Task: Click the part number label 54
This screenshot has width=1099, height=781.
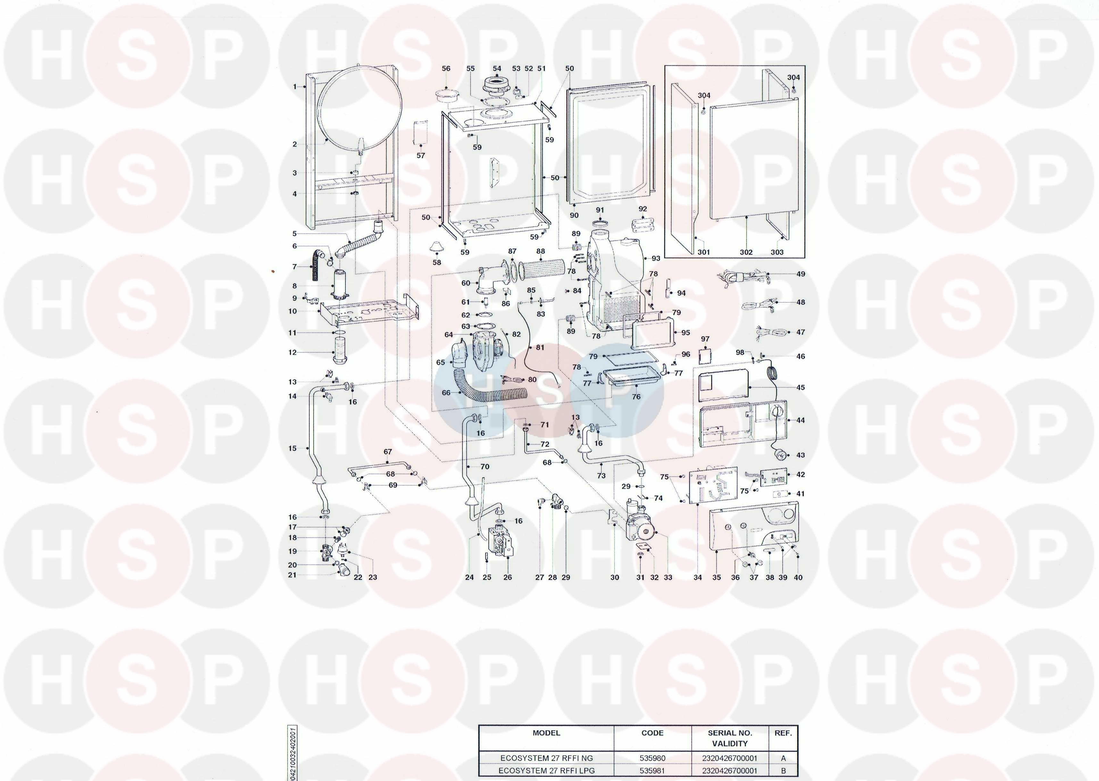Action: [x=497, y=68]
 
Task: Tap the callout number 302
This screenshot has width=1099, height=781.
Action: [x=746, y=252]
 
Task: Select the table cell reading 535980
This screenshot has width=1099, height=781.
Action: [x=652, y=758]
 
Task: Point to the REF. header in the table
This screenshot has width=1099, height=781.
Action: [x=783, y=733]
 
